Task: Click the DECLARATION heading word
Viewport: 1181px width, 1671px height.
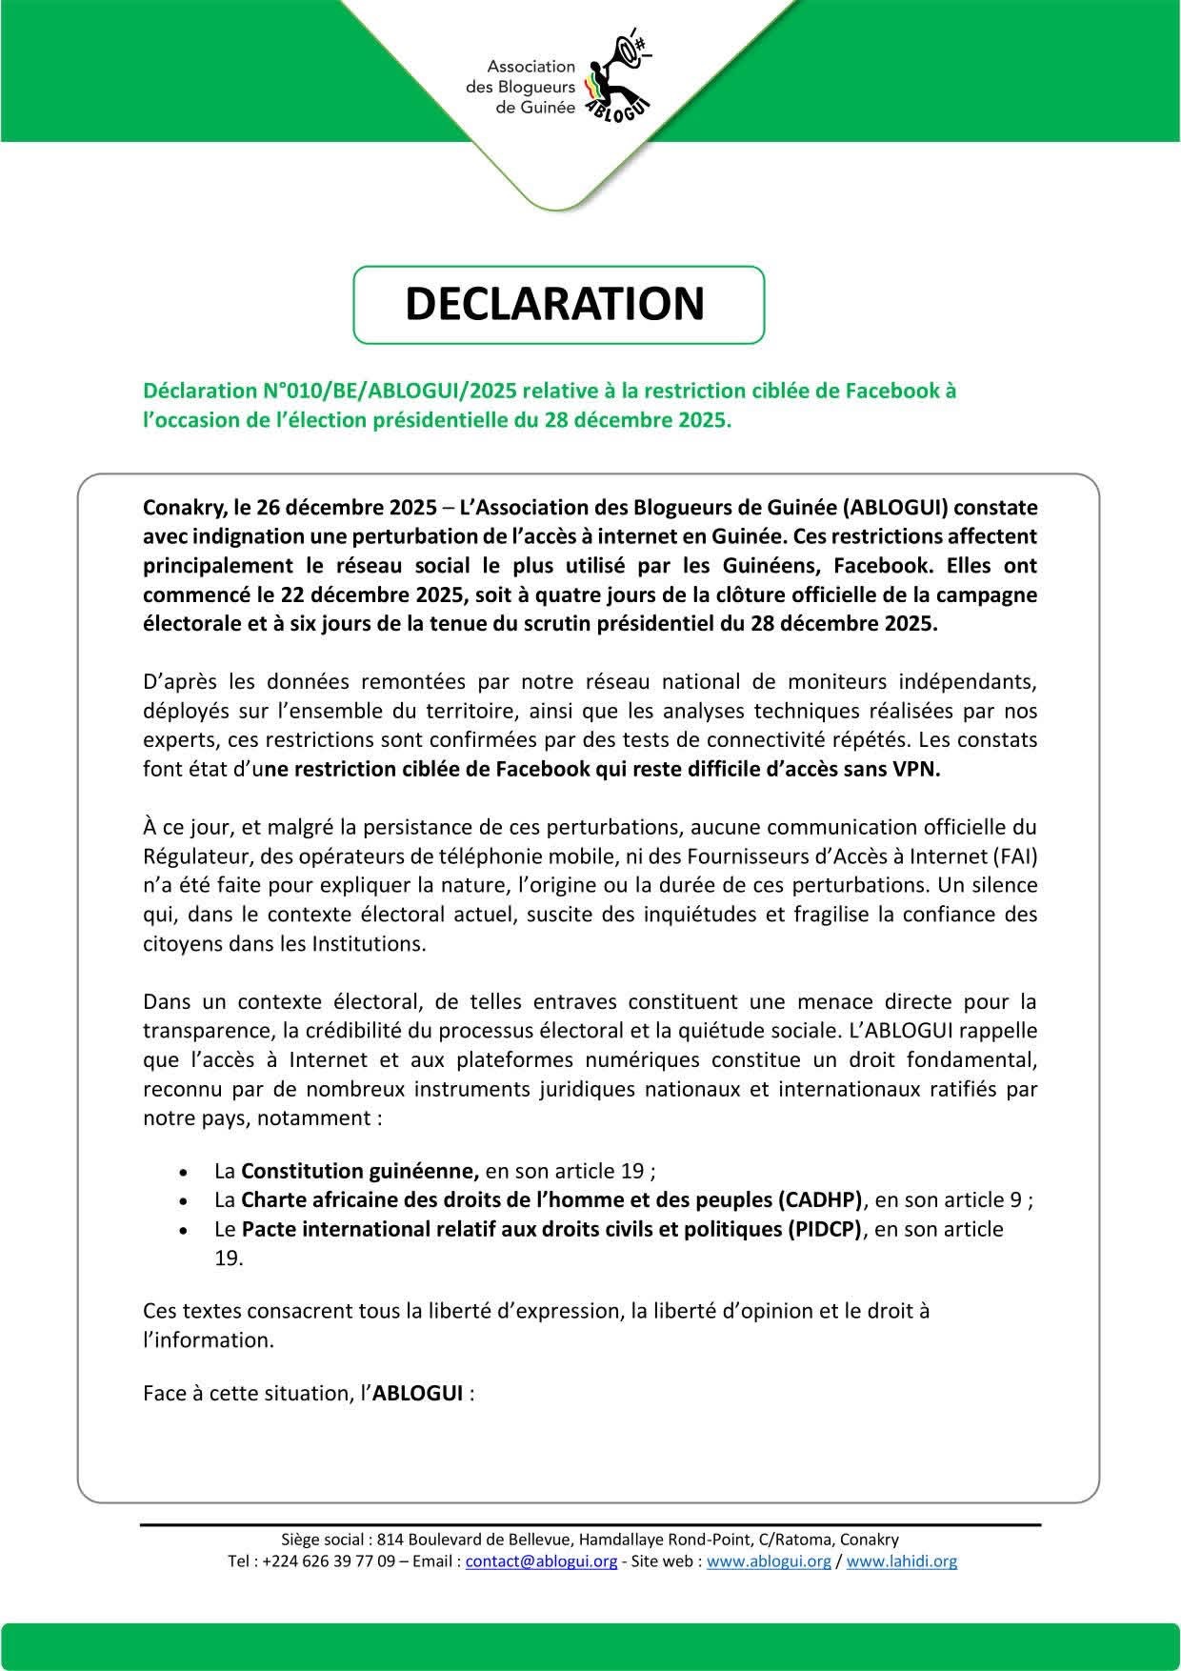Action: click(555, 303)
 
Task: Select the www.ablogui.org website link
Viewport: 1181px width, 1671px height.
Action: click(770, 1561)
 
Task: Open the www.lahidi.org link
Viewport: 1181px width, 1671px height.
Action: click(902, 1561)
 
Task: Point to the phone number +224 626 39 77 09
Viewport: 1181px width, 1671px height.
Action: click(327, 1561)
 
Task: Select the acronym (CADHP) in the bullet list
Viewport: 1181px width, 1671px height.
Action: click(820, 1199)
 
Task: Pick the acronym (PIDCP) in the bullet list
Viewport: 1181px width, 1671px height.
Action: click(825, 1229)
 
